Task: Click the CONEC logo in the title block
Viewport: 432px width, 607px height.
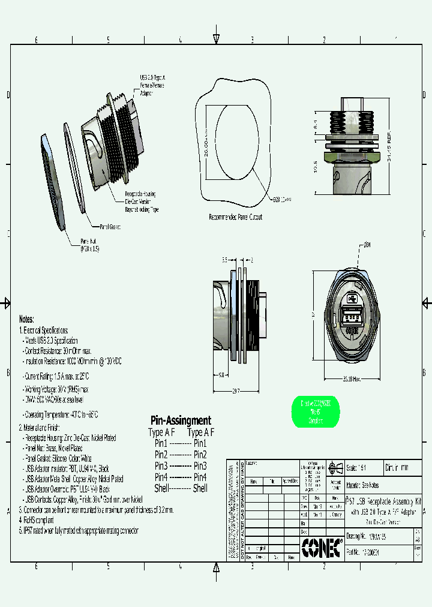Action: coord(322,546)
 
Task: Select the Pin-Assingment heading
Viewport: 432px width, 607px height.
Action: coord(180,420)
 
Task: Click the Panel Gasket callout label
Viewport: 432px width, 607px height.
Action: coord(110,227)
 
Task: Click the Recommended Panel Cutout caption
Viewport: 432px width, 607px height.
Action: coord(235,217)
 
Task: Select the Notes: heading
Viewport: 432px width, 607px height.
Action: coord(26,319)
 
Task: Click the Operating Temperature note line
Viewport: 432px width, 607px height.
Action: coord(60,414)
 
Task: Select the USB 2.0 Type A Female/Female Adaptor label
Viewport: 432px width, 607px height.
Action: coord(151,85)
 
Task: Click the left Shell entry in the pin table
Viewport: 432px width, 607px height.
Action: coord(161,488)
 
